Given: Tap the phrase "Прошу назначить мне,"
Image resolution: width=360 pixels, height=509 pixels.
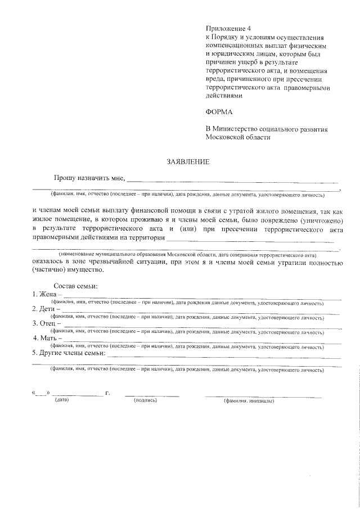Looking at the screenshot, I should pos(89,178).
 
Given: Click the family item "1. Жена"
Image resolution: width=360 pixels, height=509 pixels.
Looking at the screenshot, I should pos(46,294).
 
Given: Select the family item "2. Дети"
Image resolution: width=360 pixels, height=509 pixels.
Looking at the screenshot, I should pos(46,309).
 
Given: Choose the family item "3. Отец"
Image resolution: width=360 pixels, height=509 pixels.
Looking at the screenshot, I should pos(46,324).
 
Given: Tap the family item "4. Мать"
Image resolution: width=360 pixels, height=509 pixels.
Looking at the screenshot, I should pos(47,339).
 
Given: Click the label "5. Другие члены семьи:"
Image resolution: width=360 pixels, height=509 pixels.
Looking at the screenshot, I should pos(68,353).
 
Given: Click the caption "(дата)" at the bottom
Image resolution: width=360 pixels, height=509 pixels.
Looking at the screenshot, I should pos(61,400).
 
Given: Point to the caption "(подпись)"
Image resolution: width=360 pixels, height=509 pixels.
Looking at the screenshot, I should pos(145,400).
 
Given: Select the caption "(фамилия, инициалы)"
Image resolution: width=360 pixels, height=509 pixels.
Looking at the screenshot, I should pos(248,401).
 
